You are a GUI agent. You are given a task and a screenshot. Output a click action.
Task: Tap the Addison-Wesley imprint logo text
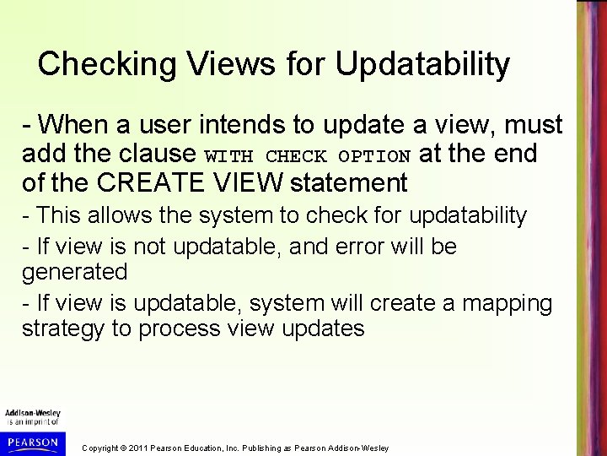coord(32,414)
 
